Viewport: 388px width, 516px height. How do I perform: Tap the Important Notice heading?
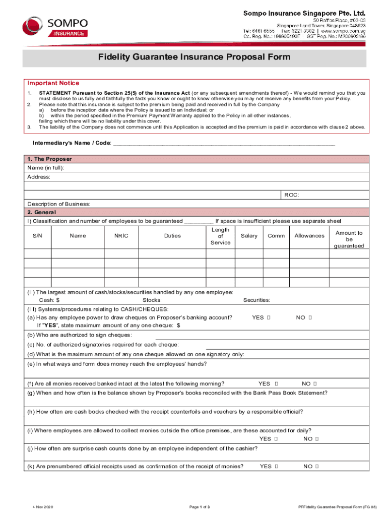(53, 83)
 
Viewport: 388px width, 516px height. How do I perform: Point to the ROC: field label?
(292, 195)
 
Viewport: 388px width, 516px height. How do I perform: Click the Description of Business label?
(58, 204)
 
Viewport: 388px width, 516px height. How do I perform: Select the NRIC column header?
(121, 236)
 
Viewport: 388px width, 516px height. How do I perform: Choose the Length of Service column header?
(220, 236)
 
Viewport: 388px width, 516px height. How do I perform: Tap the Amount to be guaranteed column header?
(349, 239)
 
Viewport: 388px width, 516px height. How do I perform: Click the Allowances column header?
(309, 236)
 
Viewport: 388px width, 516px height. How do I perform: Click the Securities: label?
(256, 300)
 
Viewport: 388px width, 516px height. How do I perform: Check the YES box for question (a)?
(269, 317)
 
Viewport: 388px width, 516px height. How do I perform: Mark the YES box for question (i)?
(276, 439)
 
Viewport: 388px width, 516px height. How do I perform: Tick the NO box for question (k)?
(317, 467)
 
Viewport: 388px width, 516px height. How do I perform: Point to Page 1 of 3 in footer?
(200, 506)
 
